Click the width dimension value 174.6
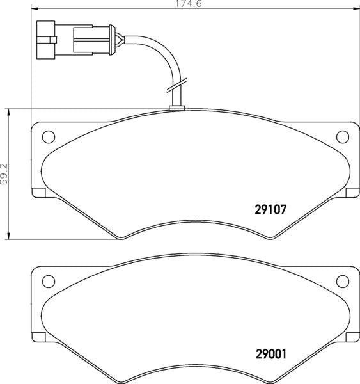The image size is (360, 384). [x=185, y=4]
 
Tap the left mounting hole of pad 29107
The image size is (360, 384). [x=48, y=136]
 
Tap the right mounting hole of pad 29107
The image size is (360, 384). [x=343, y=136]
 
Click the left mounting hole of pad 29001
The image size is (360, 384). [x=48, y=281]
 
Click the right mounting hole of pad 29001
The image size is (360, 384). [x=343, y=281]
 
